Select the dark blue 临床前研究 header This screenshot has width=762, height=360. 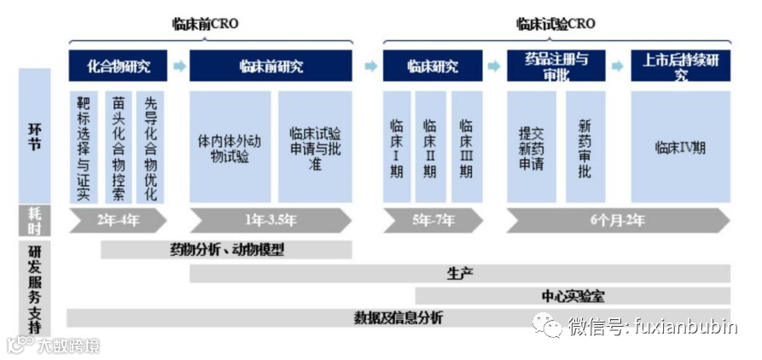pos(270,66)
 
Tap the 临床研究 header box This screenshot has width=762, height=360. pos(432,66)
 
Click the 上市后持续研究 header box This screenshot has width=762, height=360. pos(681,66)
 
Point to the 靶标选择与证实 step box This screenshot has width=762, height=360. pos(82,147)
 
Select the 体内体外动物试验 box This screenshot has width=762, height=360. pos(230,147)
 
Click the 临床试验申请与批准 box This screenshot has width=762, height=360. pos(315,147)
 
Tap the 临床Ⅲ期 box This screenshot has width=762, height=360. pos(465,147)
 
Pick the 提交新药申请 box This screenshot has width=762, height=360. pos(531,147)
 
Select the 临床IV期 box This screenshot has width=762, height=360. pos(680,147)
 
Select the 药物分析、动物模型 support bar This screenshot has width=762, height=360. pos(226,250)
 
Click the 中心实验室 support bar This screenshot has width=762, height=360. pos(573,295)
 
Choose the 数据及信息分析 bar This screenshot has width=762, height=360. pos(398,317)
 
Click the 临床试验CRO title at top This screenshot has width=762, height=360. pos(556,24)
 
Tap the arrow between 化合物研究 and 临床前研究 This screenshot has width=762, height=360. pos(178,66)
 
